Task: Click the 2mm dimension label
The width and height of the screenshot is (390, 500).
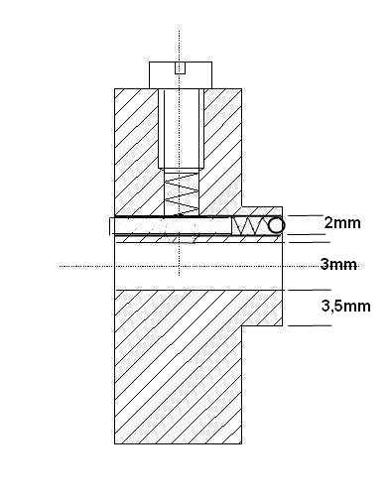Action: click(x=342, y=223)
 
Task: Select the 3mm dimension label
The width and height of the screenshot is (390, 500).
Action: click(x=338, y=265)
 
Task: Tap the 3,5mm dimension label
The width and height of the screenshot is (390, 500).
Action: click(x=346, y=307)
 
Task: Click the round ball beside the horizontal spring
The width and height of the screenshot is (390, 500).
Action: click(x=276, y=226)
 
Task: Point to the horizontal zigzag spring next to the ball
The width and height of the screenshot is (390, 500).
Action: click(x=250, y=226)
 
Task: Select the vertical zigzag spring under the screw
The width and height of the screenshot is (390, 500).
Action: click(x=182, y=193)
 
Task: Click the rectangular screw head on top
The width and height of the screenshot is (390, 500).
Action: click(x=181, y=75)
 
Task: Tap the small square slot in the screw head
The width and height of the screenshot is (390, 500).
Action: click(x=180, y=68)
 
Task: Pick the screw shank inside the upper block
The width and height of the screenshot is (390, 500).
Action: click(x=181, y=129)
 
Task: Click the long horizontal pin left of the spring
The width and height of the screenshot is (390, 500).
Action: click(x=171, y=226)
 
